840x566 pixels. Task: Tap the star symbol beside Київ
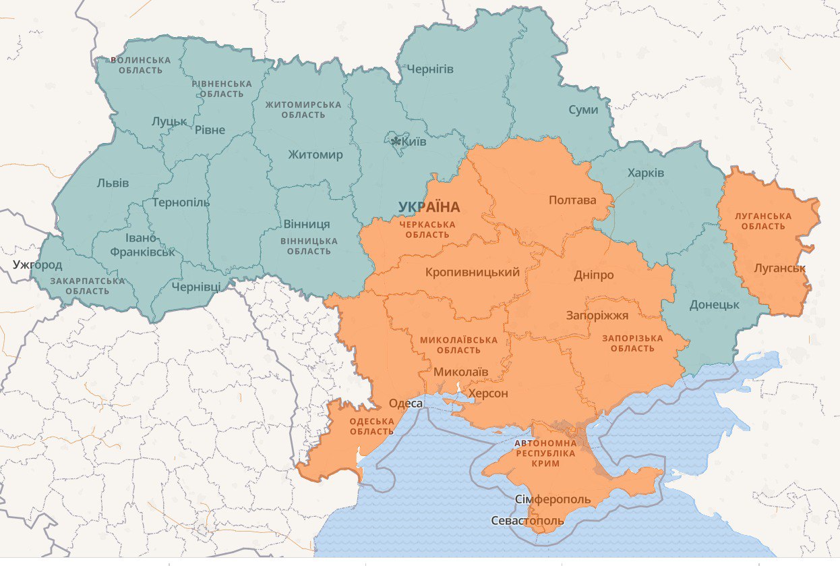click(x=396, y=142)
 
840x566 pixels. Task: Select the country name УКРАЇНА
click(x=429, y=207)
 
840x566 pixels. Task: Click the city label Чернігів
click(x=430, y=69)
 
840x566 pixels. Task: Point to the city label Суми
click(x=583, y=109)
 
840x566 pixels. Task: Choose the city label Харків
click(x=646, y=173)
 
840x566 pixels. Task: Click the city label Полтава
click(x=572, y=200)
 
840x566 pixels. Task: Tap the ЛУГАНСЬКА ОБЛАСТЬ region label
click(x=764, y=221)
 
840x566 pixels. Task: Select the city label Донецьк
click(x=714, y=305)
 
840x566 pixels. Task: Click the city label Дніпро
click(x=593, y=275)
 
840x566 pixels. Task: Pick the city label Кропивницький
click(x=473, y=273)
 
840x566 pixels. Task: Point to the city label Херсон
click(x=488, y=394)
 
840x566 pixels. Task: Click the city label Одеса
click(x=406, y=403)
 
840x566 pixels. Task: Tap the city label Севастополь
click(x=527, y=521)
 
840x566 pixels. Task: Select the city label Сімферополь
click(x=552, y=500)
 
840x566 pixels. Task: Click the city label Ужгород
click(x=37, y=264)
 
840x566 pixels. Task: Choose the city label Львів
click(x=113, y=183)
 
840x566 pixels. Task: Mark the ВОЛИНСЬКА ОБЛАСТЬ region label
click(x=140, y=65)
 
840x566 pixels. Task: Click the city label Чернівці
click(x=196, y=287)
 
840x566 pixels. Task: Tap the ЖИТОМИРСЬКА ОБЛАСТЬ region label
click(x=303, y=109)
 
